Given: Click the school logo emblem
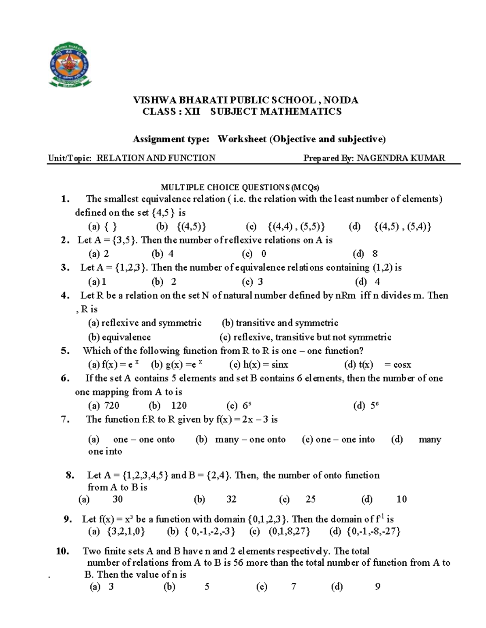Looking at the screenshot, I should (70, 65).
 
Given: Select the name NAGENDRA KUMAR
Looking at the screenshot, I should (400, 158).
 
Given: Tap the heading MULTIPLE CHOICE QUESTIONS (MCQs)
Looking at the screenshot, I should (240, 187).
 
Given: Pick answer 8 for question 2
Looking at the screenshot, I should (375, 254).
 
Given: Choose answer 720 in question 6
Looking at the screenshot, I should (111, 406).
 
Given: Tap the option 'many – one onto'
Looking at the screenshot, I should (250, 440).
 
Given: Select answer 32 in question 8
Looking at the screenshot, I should (231, 499).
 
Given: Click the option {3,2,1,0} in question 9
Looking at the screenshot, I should (126, 531).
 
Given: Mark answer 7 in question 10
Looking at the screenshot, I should (294, 587).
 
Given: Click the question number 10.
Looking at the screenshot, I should (63, 551).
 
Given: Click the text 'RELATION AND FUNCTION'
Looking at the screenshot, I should (156, 158).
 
